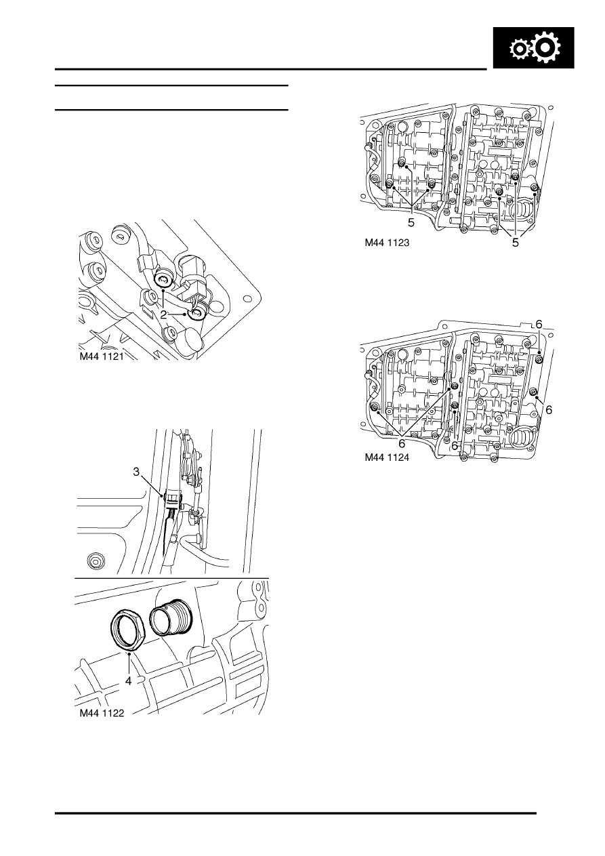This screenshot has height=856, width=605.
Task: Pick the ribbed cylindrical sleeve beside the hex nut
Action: [x=171, y=617]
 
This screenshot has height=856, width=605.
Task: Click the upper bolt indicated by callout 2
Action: [x=163, y=280]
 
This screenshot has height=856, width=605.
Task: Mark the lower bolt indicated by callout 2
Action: [x=199, y=314]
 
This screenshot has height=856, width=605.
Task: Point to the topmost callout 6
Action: [x=539, y=325]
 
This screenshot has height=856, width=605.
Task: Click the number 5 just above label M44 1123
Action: [x=411, y=222]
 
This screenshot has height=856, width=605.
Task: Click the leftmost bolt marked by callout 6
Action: [x=374, y=407]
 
